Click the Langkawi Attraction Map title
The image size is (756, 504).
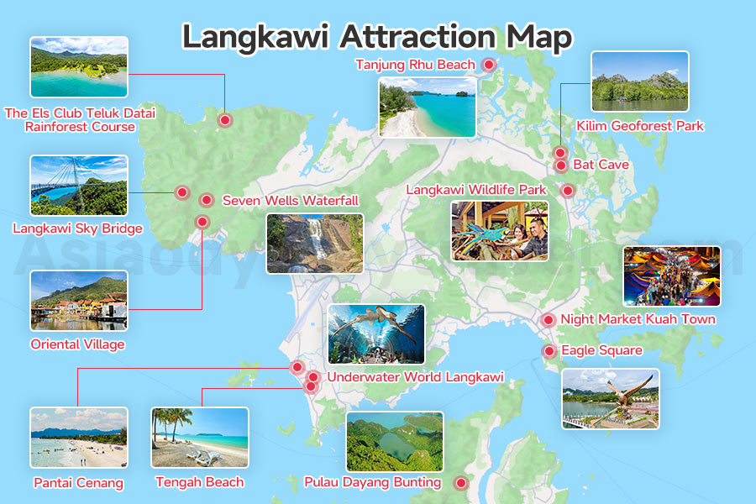pyautogui.click(x=377, y=37)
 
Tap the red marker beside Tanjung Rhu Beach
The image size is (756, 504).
pyautogui.click(x=488, y=64)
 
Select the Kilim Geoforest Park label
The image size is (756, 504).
pyautogui.click(x=640, y=126)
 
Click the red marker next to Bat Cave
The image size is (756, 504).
pyautogui.click(x=561, y=165)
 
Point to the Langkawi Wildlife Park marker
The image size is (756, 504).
pyautogui.click(x=568, y=191)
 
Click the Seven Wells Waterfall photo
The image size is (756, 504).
pyautogui.click(x=314, y=243)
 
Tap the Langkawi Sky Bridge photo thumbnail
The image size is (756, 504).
pyautogui.click(x=79, y=185)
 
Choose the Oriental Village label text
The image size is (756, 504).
pyautogui.click(x=77, y=344)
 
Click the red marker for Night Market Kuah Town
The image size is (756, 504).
pyautogui.click(x=548, y=320)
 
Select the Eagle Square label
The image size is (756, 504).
pyautogui.click(x=601, y=350)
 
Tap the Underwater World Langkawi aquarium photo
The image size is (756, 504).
pyautogui.click(x=375, y=333)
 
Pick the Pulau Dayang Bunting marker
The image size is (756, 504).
pyautogui.click(x=460, y=483)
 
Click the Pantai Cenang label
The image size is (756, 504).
pyautogui.click(x=78, y=483)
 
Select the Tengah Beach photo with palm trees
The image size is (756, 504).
pyautogui.click(x=199, y=437)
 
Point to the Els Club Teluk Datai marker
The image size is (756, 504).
pyautogui.click(x=224, y=120)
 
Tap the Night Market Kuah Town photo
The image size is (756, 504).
pyautogui.click(x=671, y=276)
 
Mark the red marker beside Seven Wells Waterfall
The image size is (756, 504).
pyautogui.click(x=206, y=200)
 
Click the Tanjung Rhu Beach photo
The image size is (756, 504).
pyautogui.click(x=427, y=108)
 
